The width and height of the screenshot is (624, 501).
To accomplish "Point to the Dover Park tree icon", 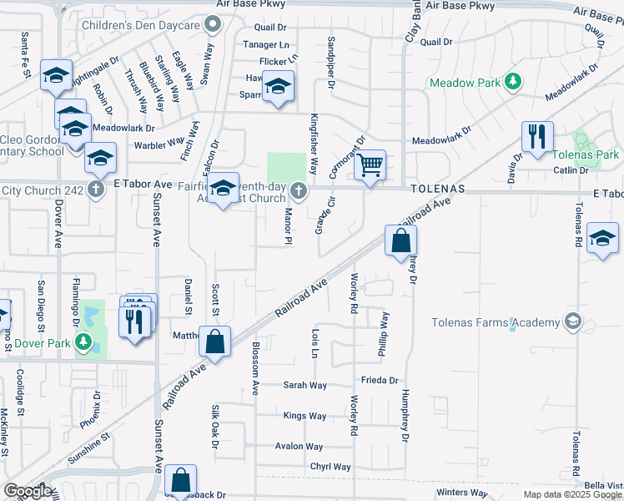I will [x=83, y=342].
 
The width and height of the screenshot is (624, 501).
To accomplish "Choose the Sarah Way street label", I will [x=305, y=386].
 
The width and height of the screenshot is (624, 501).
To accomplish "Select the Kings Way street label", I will [x=305, y=416].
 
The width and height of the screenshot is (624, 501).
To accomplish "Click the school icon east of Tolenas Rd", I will [x=602, y=238].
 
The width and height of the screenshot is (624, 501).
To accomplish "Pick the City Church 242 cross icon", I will [x=96, y=188].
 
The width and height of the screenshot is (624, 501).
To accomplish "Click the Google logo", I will [x=28, y=491].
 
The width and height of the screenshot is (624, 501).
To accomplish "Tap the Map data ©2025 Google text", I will [x=571, y=494].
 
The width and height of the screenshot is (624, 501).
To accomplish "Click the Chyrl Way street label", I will [x=330, y=468].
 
